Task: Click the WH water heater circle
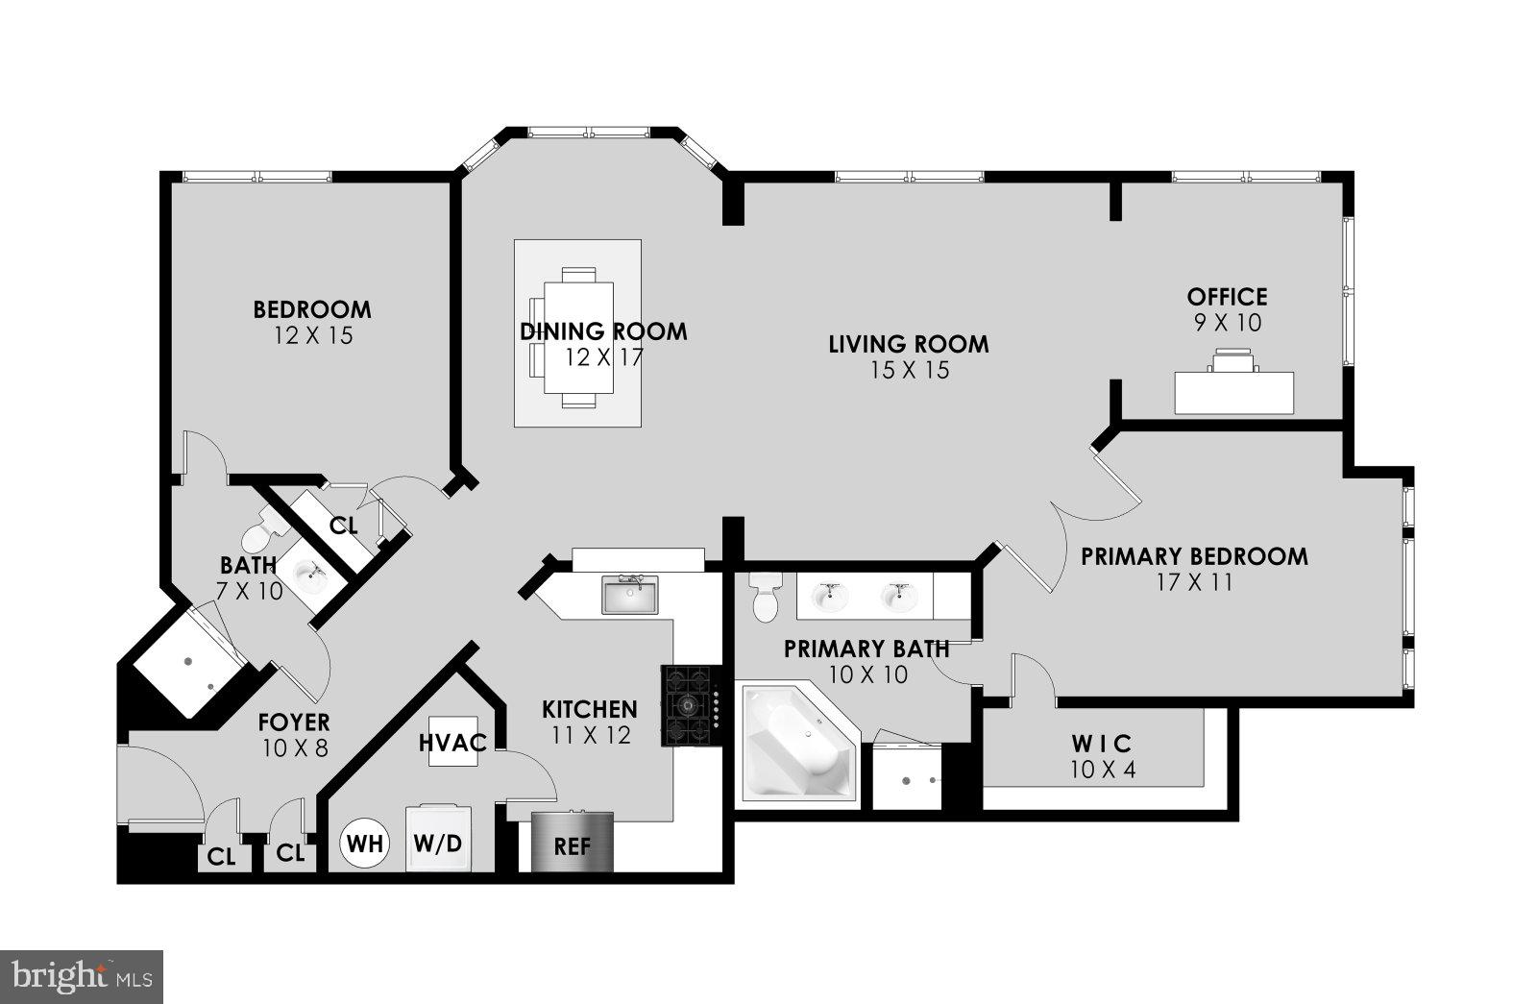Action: pos(365,844)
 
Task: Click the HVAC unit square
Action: pos(452,743)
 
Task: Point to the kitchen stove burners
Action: pos(689,705)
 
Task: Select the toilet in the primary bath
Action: pos(766,599)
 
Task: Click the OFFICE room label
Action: pos(1227,297)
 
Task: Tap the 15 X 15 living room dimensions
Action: pos(909,370)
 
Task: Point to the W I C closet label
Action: pos(1101,744)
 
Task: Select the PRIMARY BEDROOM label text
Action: pos(1194,556)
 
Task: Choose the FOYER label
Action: pos(294,722)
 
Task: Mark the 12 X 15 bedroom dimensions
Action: pos(313,335)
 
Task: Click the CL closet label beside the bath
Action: pos(343,526)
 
